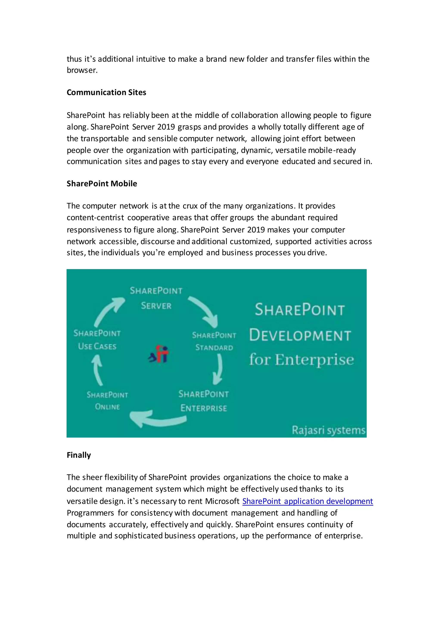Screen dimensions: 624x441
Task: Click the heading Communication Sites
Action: click(x=106, y=92)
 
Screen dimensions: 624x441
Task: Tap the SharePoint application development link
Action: click(x=307, y=501)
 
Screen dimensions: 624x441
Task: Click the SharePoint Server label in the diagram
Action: click(x=156, y=298)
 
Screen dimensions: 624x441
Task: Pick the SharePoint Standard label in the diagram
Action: click(x=214, y=341)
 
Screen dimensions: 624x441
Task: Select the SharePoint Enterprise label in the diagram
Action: click(x=203, y=401)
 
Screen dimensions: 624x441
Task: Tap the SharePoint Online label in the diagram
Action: click(x=107, y=401)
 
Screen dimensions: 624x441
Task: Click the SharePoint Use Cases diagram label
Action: click(x=97, y=340)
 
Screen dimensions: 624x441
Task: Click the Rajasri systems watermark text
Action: click(x=328, y=430)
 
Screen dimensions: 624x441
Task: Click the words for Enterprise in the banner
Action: click(x=301, y=360)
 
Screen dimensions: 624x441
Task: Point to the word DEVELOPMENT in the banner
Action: click(x=300, y=335)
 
